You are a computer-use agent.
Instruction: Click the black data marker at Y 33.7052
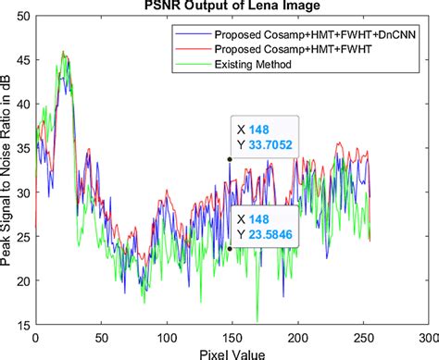pos(229,159)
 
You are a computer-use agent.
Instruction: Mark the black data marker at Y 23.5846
pos(229,248)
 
